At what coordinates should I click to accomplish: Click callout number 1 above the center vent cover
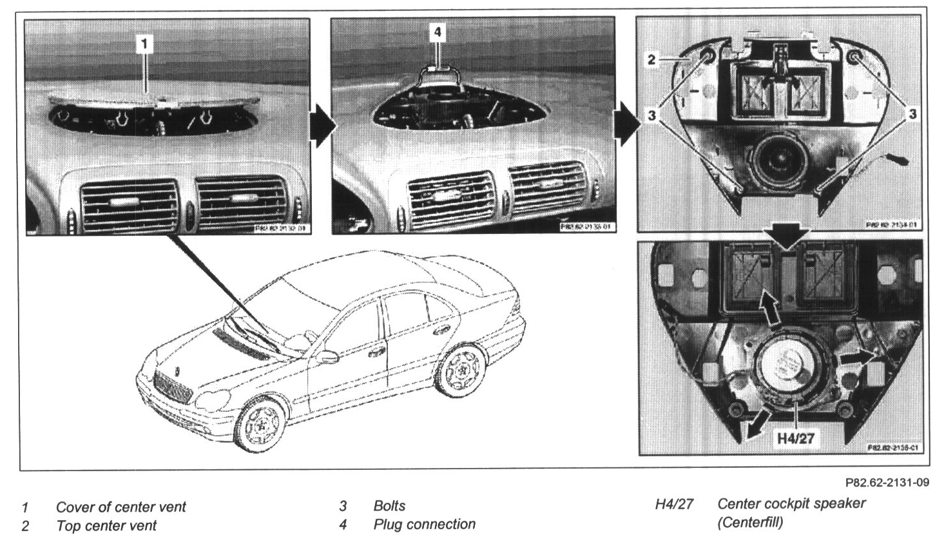coord(145,43)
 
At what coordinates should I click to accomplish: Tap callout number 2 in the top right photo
coord(651,60)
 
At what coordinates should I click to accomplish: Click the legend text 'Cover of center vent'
coord(120,507)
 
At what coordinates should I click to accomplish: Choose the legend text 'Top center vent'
coord(106,526)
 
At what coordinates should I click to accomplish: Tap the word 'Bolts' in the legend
coord(389,506)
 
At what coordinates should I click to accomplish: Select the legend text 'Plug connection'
coord(424,525)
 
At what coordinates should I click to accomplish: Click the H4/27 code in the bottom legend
coord(674,504)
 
